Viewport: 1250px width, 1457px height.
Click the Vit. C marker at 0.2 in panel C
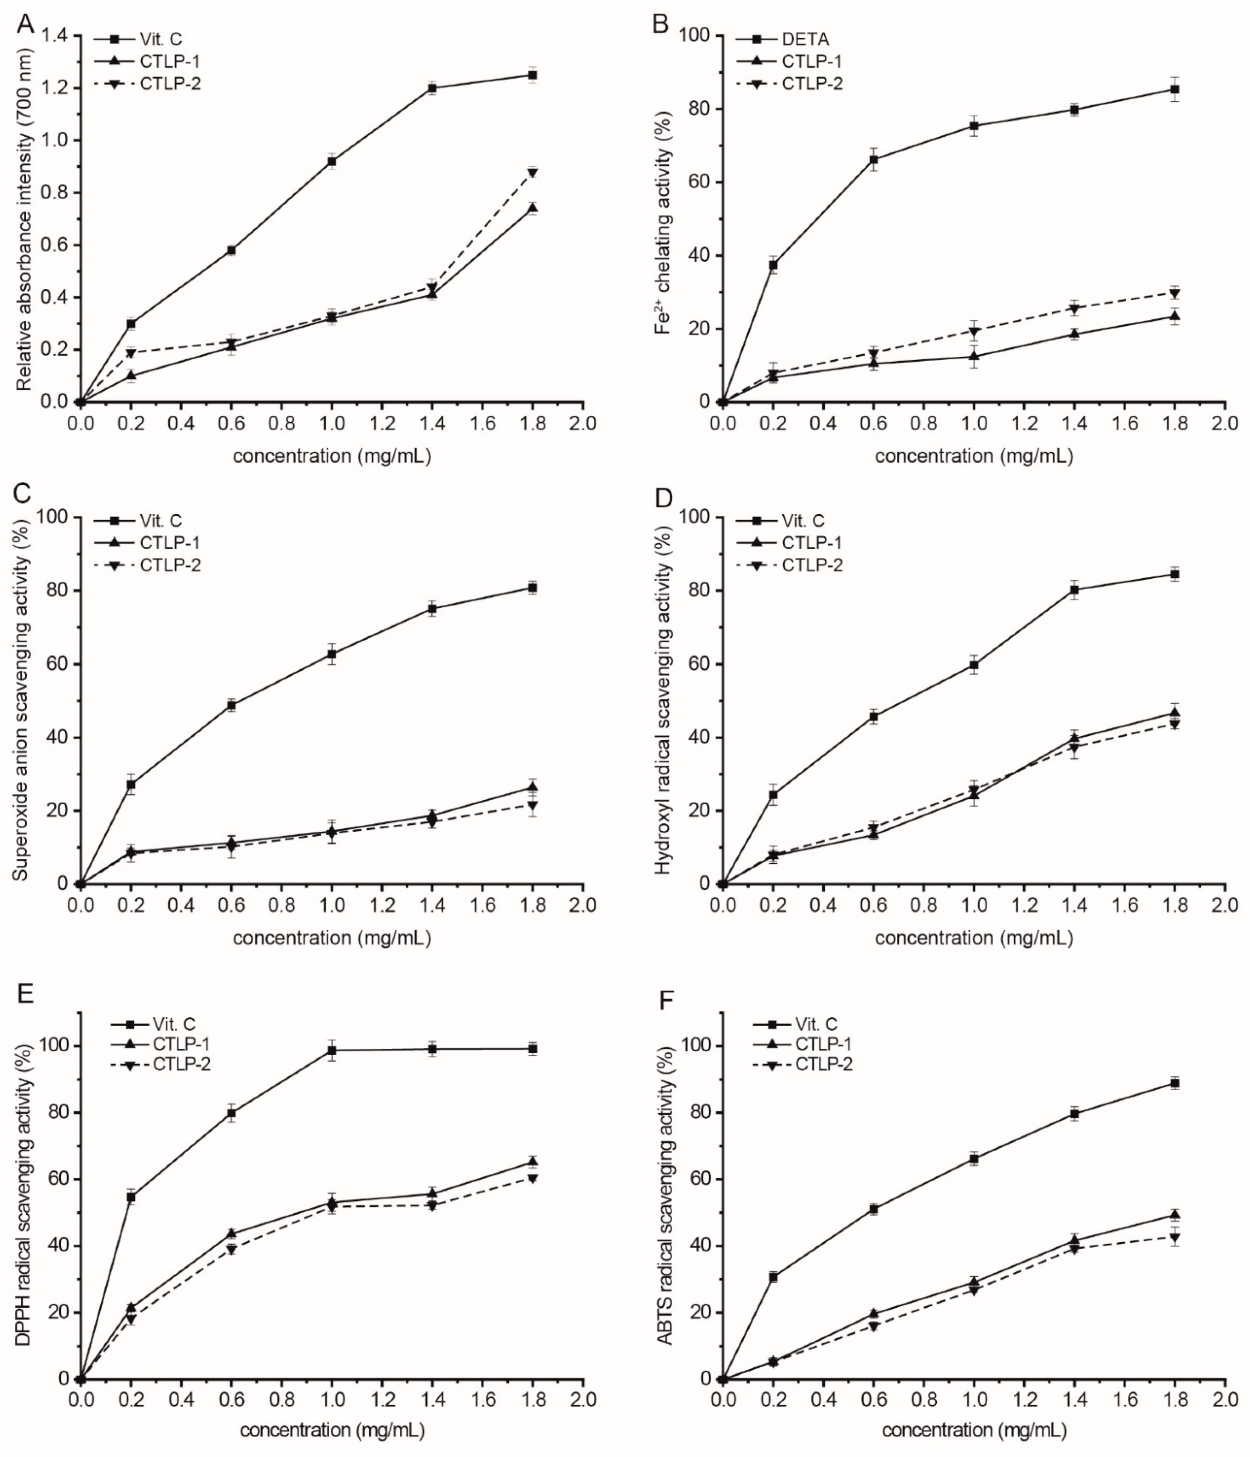coord(131,784)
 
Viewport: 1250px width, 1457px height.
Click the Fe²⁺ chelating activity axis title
coord(663,218)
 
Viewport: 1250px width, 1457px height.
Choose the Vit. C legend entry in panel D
coord(803,521)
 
